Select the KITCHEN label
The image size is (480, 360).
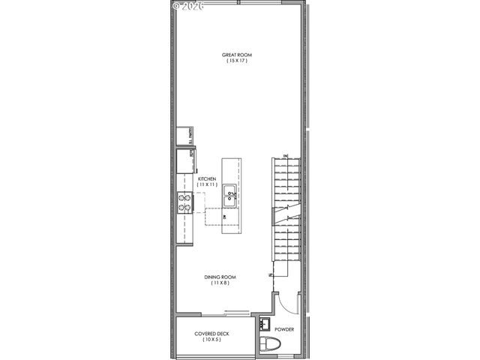[207, 178]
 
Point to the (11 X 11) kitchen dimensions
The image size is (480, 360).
[207, 184]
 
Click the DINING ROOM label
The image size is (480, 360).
[220, 277]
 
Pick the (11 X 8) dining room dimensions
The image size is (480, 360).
[220, 283]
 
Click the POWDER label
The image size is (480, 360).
[284, 328]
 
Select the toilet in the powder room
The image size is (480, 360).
[268, 345]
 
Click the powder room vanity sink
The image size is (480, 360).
[265, 325]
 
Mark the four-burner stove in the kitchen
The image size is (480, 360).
[184, 200]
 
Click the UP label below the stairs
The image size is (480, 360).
[269, 277]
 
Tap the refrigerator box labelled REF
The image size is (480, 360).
[184, 160]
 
